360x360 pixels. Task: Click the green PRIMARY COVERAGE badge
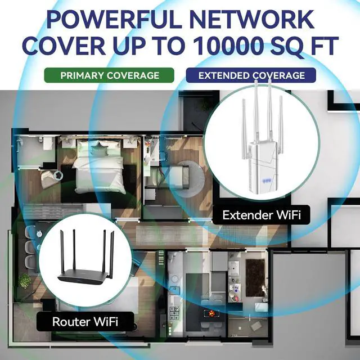click(x=110, y=75)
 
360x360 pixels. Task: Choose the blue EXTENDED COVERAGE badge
click(x=251, y=75)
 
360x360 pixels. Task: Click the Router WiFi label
click(x=85, y=322)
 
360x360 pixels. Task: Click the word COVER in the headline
click(x=68, y=46)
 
